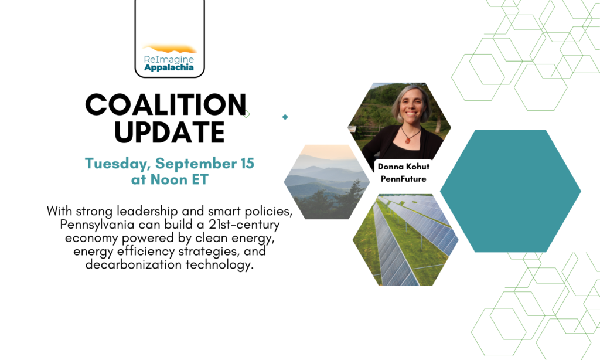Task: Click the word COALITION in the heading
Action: pos(166,104)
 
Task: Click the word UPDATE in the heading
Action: pos(169,132)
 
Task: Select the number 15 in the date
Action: pos(247,163)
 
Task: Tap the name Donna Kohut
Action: pos(403,167)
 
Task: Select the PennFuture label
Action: pos(403,179)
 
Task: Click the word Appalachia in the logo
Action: pos(169,68)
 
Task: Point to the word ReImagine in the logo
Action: pos(169,59)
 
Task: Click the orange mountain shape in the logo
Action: pos(169,49)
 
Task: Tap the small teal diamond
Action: pos(285,117)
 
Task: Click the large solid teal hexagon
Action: pos(510,191)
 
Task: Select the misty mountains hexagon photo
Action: pos(327,182)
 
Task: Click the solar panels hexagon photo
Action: pos(405,240)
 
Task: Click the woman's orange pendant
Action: pos(408,140)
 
